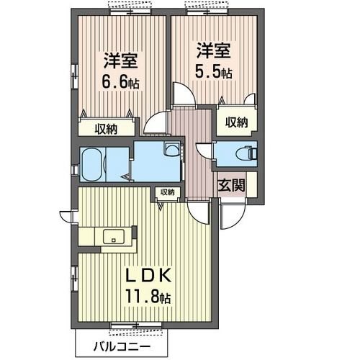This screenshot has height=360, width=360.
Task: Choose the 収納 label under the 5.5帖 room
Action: click(x=235, y=122)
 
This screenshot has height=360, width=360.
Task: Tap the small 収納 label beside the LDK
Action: click(x=167, y=192)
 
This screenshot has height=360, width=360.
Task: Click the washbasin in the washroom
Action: click(x=171, y=150)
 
